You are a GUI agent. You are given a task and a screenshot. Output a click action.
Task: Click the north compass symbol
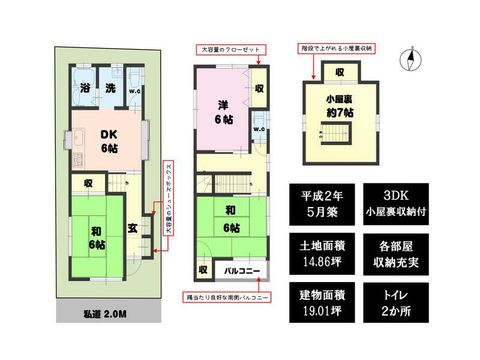(x=412, y=59)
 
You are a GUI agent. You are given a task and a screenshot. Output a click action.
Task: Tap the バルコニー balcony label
(x=242, y=271)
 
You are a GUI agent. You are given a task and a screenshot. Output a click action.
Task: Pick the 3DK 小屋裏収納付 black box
(x=395, y=203)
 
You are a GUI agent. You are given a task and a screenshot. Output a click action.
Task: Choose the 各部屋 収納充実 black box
(x=395, y=253)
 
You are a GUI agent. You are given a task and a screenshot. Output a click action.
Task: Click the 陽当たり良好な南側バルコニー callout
(x=227, y=297)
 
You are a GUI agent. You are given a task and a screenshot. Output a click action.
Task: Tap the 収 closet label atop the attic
(x=339, y=73)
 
